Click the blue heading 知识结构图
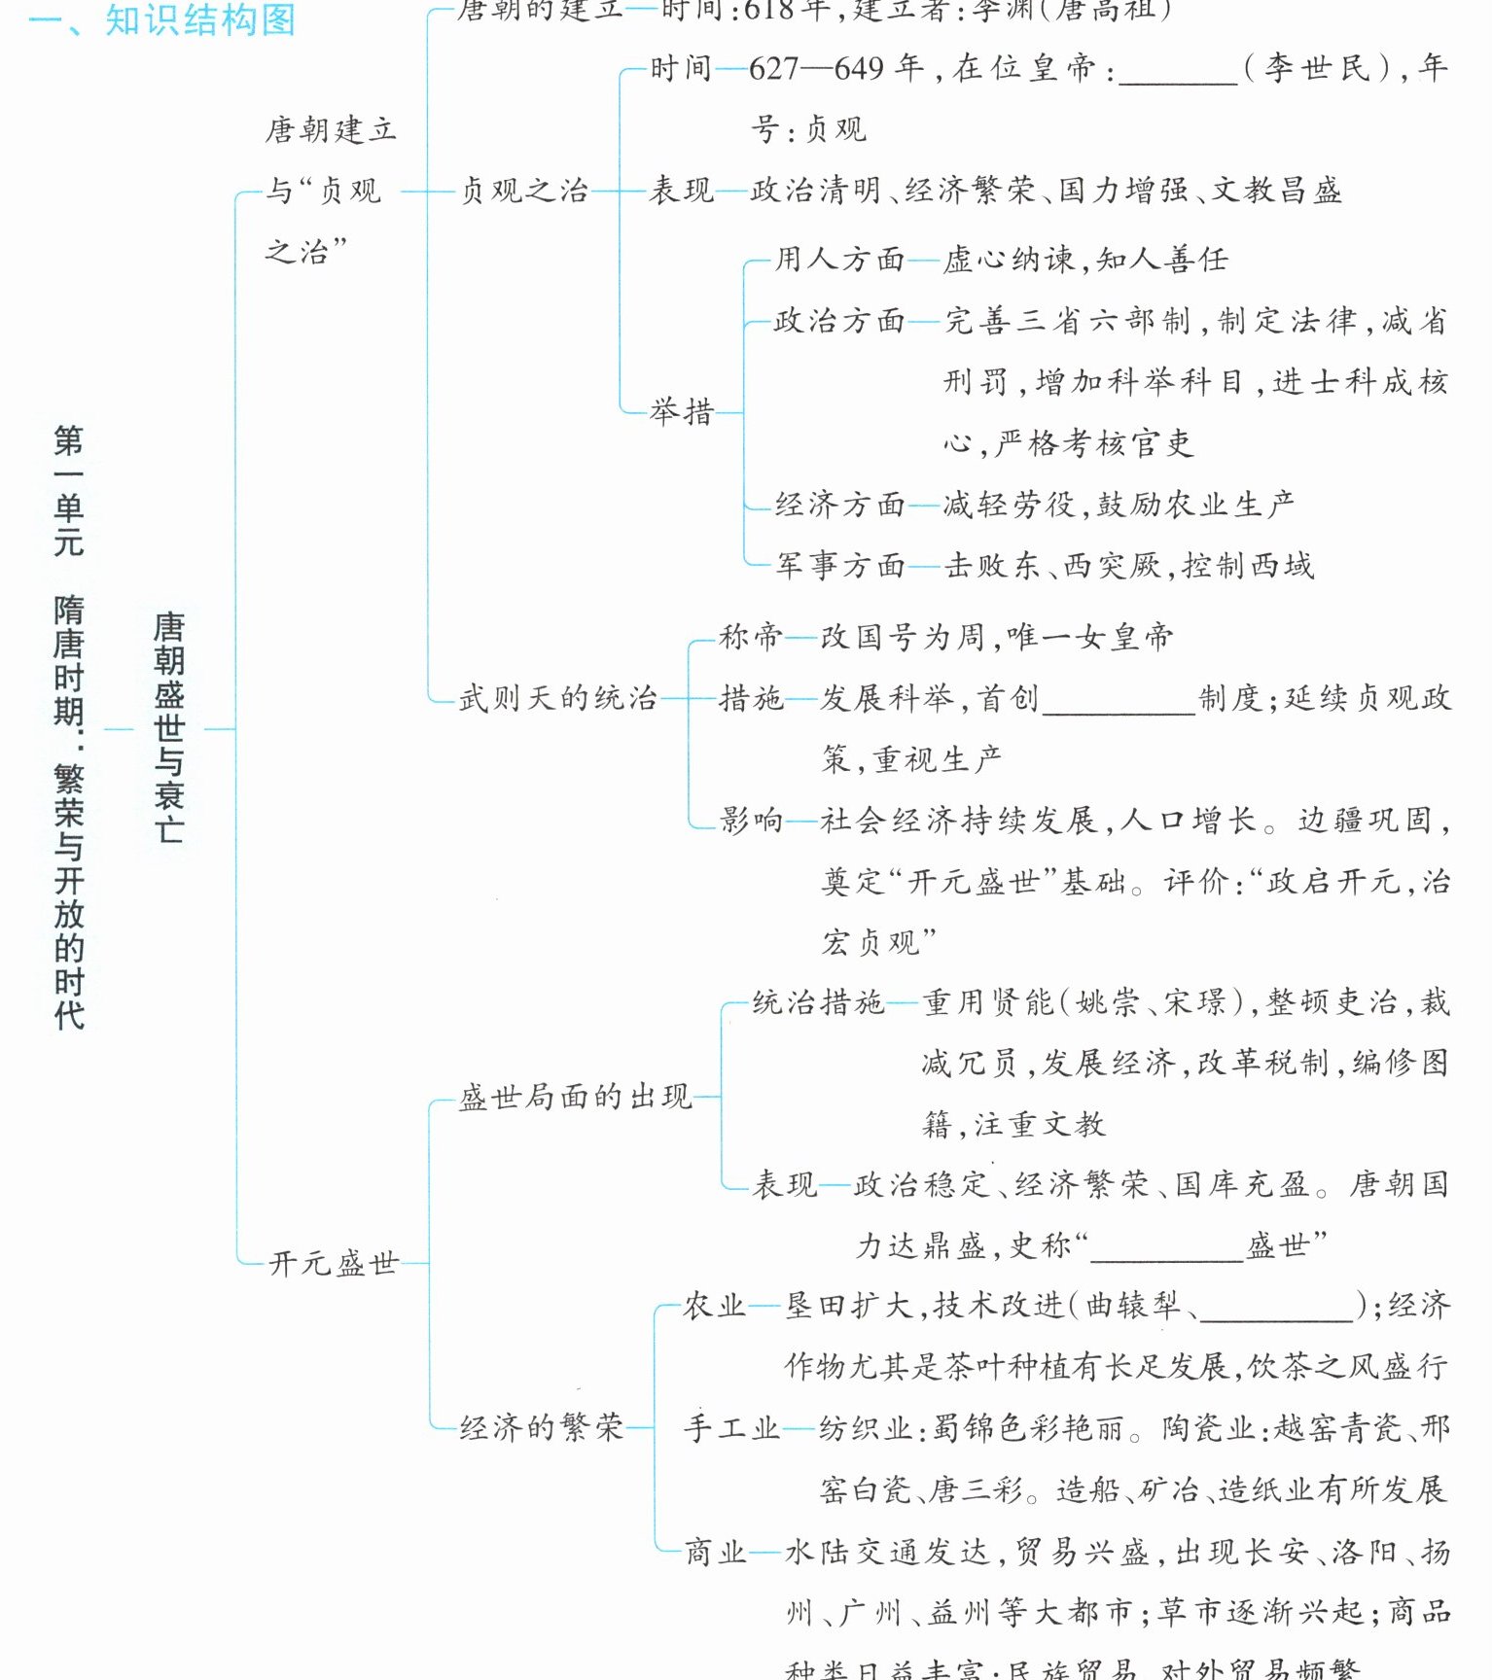coord(199,19)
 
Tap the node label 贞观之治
coord(524,191)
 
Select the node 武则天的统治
coord(557,698)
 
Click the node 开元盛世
coord(334,1263)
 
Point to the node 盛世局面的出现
coord(575,1098)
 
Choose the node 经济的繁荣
coord(541,1427)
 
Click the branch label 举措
coord(682,412)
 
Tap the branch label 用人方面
coord(839,260)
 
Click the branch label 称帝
coord(751,637)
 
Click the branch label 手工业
coord(731,1428)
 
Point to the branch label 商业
coord(716,1552)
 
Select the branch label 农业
coord(715,1306)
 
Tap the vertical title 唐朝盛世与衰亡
coord(169,727)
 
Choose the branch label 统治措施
coord(818,1002)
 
